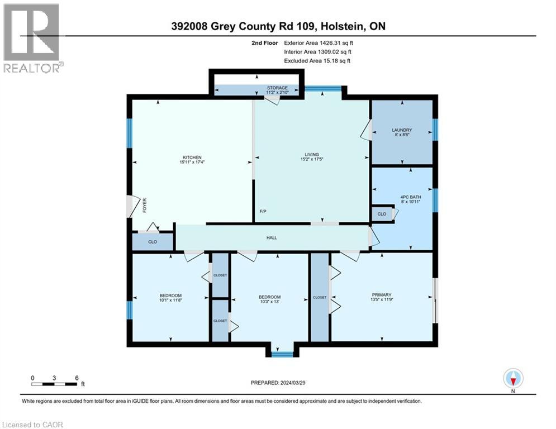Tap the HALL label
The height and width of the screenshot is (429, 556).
272,237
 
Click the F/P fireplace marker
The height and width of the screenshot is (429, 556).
263,212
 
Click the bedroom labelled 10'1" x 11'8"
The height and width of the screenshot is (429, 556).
170,298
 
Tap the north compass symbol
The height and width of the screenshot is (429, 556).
512,379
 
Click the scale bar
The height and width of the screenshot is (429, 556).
54,383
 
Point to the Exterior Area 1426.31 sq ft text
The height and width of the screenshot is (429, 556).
319,42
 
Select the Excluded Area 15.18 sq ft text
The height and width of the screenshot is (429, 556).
317,61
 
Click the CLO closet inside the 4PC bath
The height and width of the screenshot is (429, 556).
382,213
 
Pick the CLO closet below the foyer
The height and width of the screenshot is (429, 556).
152,242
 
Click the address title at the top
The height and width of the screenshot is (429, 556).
278,26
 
